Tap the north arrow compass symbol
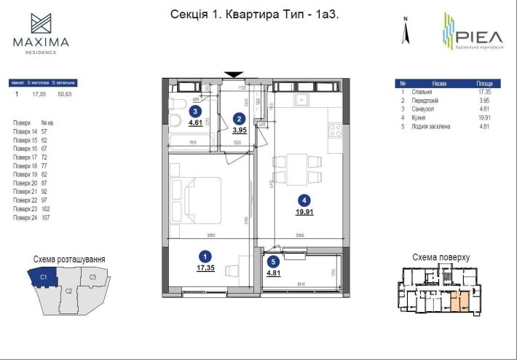[408, 31]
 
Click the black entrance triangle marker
[234, 74]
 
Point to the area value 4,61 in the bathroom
[195, 124]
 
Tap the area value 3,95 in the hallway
[239, 130]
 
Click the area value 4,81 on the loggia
[273, 274]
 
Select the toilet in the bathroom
[175, 120]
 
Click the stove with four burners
[336, 132]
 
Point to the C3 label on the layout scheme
[93, 278]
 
